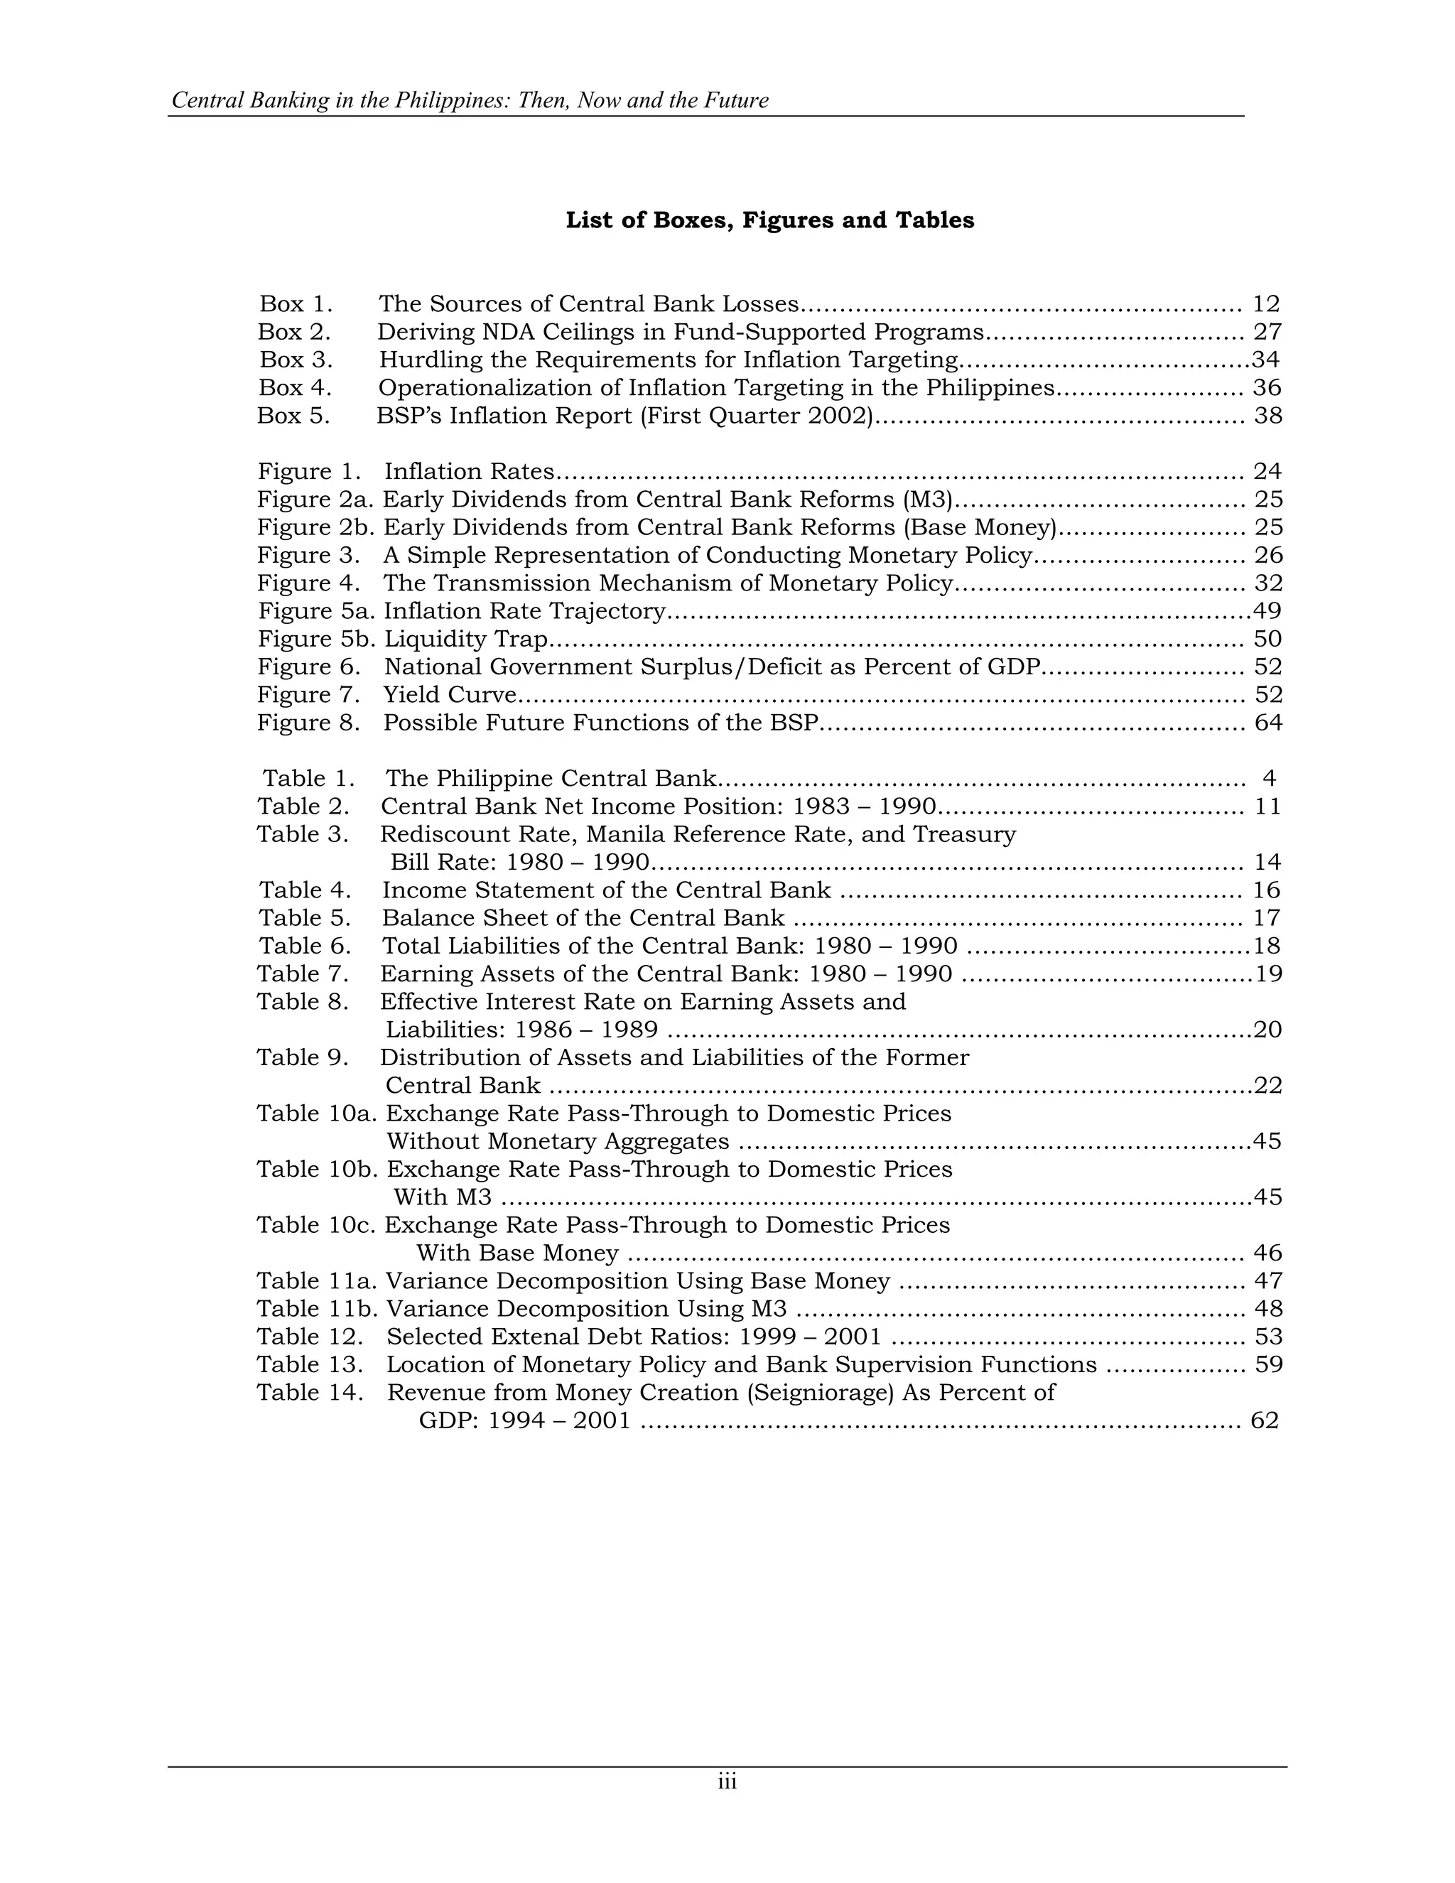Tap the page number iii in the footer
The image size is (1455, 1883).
pyautogui.click(x=727, y=1782)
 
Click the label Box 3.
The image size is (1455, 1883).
pyautogui.click(x=296, y=360)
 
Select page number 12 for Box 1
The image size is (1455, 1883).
pyautogui.click(x=1265, y=303)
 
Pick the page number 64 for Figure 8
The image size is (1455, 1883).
pyautogui.click(x=1268, y=723)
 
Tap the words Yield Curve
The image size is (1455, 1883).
pyautogui.click(x=450, y=695)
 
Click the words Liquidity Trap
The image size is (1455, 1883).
pyautogui.click(x=466, y=639)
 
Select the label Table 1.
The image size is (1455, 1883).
pyautogui.click(x=308, y=779)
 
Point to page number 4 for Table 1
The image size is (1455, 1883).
pyautogui.click(x=1269, y=779)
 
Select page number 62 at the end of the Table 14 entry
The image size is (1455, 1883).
pyautogui.click(x=1264, y=1420)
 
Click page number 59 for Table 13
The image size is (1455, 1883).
pyautogui.click(x=1268, y=1365)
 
